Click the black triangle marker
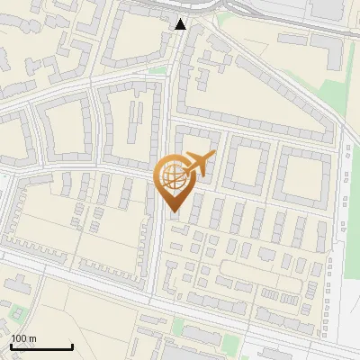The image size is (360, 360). click(181, 24)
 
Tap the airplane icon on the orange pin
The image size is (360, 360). click(199, 164)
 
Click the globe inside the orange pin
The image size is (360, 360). click(173, 177)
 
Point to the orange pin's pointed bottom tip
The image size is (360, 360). click(173, 211)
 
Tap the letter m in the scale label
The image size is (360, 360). click(33, 338)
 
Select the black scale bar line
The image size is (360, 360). click(41, 346)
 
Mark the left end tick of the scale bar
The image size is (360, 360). click(11, 345)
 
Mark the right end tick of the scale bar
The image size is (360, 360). click(72, 345)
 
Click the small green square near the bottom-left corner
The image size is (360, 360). click(16, 314)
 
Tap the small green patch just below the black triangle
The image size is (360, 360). click(159, 69)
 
